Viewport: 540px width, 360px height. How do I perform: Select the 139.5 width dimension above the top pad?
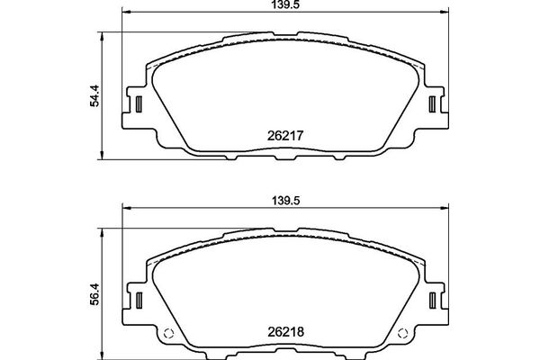pos(285,5)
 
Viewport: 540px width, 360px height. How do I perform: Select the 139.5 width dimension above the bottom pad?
pos(285,202)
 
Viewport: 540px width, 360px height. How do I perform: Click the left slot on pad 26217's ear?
pos(139,103)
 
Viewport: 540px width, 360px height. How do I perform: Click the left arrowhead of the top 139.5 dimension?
pos(125,13)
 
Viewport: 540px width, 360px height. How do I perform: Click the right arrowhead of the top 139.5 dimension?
pos(445,13)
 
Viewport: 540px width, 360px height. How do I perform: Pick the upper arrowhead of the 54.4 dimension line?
pos(100,36)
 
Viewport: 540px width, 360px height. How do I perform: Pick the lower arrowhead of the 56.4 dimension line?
pos(100,348)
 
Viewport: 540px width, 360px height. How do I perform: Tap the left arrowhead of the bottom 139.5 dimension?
pos(125,209)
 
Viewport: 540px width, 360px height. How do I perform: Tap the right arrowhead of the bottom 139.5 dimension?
pos(445,209)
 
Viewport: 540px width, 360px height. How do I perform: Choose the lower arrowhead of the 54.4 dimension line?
pos(100,152)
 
